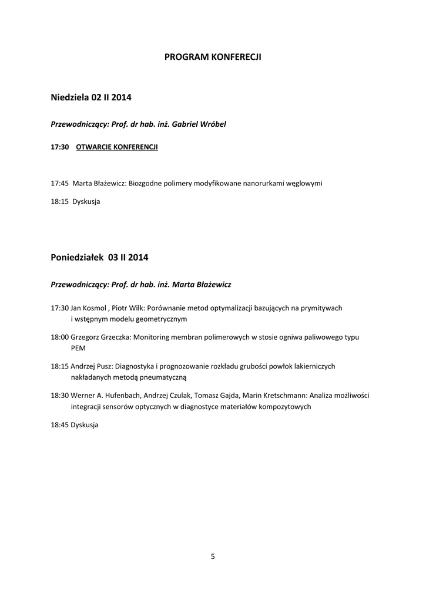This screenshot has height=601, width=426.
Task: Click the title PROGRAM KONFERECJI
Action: (x=213, y=57)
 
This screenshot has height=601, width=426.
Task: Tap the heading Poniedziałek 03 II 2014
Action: (x=99, y=257)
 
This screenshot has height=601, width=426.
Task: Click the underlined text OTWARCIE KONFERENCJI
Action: (x=117, y=147)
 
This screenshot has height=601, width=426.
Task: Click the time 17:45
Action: (x=60, y=183)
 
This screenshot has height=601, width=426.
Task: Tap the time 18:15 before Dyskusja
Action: (x=60, y=201)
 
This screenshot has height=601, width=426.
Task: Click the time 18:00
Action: (x=60, y=337)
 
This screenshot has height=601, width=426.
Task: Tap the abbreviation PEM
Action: (x=78, y=347)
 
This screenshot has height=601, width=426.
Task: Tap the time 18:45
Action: (x=60, y=424)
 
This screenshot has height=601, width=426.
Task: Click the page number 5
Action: (x=213, y=556)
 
